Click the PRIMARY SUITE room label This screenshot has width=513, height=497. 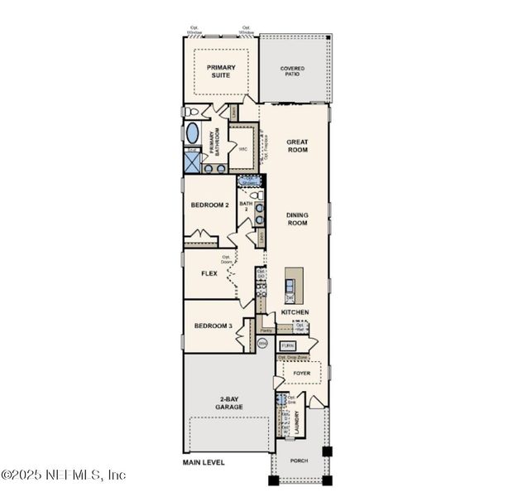(x=221, y=72)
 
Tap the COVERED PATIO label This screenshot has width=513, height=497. (x=292, y=71)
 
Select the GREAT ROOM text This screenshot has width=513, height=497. (x=297, y=146)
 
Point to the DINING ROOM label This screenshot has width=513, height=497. (x=297, y=219)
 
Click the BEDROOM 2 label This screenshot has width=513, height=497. (x=209, y=205)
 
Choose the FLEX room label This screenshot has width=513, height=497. (x=209, y=273)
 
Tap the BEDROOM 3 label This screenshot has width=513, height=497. (x=213, y=326)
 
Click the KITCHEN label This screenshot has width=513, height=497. (x=295, y=312)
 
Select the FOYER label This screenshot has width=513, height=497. (x=302, y=374)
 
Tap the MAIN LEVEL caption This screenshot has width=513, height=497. (x=204, y=462)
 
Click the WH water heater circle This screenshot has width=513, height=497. (x=262, y=343)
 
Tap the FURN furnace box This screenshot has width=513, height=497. (x=288, y=345)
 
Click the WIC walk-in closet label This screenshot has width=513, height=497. (x=242, y=149)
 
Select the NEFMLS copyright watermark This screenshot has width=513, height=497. (x=63, y=475)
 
